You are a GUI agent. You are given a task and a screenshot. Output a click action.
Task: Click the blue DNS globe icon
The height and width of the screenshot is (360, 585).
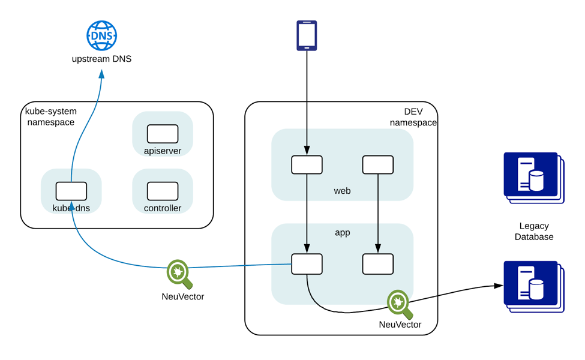(x=101, y=35)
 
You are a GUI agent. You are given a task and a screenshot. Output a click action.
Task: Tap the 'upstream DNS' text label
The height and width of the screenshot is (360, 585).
(x=101, y=59)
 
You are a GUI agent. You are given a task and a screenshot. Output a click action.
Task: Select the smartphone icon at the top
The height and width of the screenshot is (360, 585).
(x=307, y=35)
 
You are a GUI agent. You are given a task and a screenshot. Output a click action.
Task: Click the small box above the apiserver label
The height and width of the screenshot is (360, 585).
(x=163, y=134)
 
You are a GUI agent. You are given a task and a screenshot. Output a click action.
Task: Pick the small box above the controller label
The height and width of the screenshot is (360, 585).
(x=163, y=191)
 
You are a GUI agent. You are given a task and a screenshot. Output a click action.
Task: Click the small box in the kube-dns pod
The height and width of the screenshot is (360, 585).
(x=71, y=191)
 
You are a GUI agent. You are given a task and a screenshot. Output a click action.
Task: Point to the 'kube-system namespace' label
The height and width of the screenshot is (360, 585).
(x=50, y=117)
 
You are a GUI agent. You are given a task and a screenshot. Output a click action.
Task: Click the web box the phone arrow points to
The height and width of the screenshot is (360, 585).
(x=307, y=165)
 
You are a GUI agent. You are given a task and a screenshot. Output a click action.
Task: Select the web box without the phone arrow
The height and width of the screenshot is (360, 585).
(x=378, y=165)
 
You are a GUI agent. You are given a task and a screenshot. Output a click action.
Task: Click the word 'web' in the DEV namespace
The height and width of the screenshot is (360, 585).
(x=342, y=191)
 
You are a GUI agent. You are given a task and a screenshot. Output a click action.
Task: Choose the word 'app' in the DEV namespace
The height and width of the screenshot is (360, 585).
(x=342, y=232)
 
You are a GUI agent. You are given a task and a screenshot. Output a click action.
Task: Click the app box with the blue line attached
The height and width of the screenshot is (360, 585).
(x=307, y=264)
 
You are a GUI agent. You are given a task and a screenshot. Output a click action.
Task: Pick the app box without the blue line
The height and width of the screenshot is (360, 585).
(x=378, y=264)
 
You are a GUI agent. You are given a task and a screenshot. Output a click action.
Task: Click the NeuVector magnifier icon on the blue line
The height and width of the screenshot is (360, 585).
(x=179, y=274)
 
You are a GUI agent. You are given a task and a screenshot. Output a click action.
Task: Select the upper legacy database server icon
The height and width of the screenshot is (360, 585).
(x=533, y=176)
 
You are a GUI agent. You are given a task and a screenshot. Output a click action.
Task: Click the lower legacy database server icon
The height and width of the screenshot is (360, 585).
(x=533, y=285)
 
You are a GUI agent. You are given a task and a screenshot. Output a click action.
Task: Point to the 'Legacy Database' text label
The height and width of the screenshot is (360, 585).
(x=533, y=232)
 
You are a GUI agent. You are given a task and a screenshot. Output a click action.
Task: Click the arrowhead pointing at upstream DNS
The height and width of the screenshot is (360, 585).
(x=101, y=74)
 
